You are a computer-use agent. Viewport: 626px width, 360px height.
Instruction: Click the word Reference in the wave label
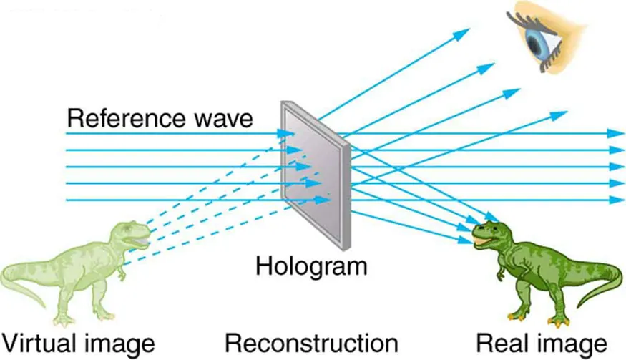(114, 117)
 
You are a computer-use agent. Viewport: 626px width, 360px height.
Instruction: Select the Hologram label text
(310, 267)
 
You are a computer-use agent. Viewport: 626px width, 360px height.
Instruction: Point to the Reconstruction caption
(310, 341)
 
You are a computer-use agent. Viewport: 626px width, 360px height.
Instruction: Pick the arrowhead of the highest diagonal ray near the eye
(466, 31)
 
